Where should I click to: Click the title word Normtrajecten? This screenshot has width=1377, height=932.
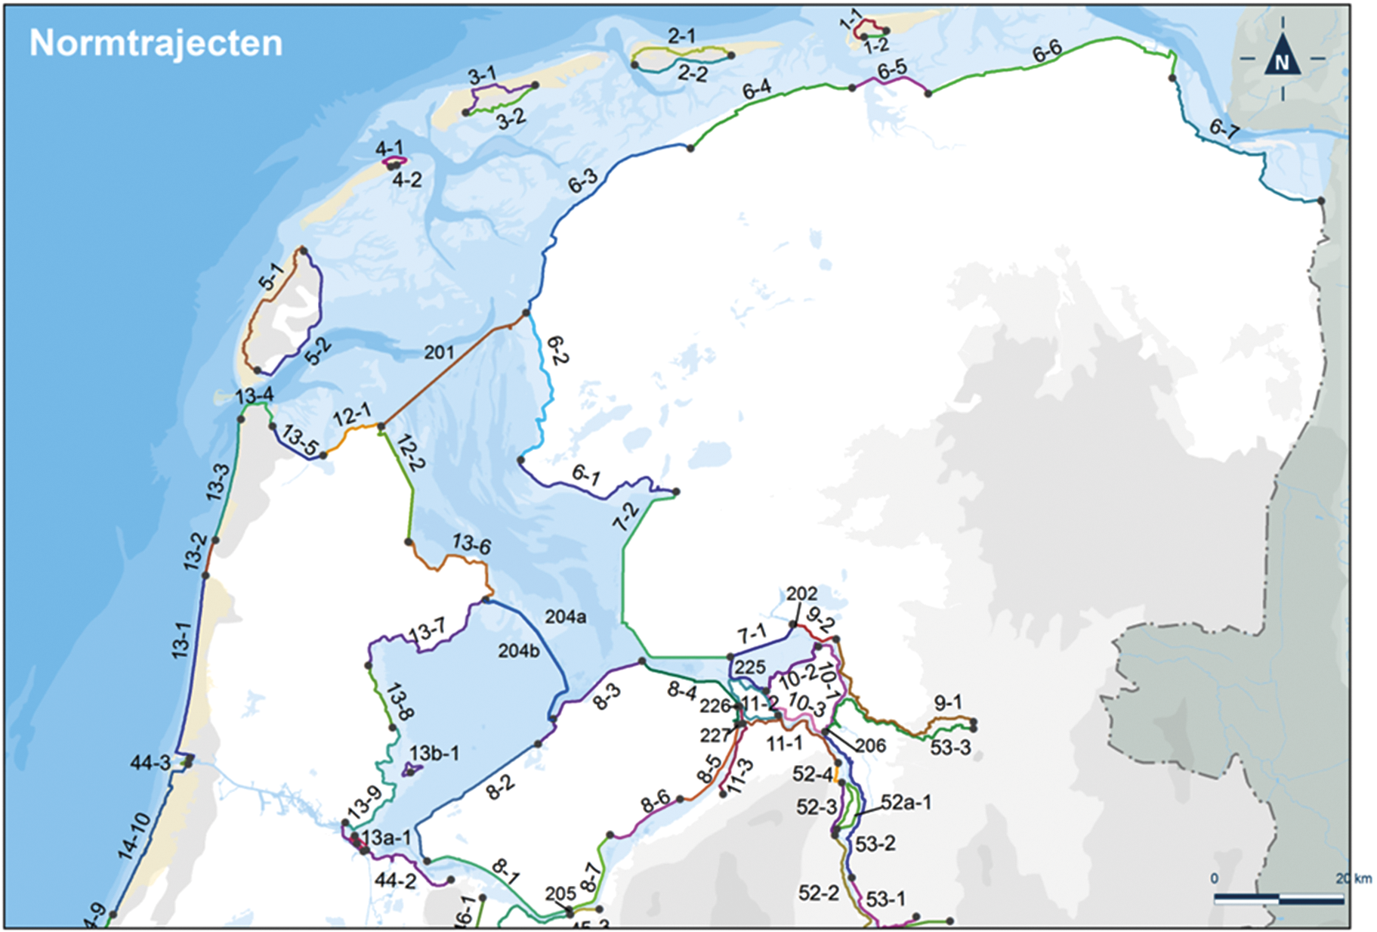coord(156,43)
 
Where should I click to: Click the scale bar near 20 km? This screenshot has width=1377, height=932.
coord(1278,899)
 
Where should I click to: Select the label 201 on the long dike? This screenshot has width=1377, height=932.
coord(439,352)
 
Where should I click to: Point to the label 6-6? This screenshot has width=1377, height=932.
coord(1047,52)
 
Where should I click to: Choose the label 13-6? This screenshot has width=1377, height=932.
coord(471,543)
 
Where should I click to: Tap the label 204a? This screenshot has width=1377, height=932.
coord(566,617)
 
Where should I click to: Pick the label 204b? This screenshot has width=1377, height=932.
coord(518,650)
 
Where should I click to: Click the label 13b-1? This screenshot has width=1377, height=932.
coord(434,754)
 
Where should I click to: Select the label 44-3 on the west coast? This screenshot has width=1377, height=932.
coord(150,763)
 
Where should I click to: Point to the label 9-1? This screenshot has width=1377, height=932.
coord(948,702)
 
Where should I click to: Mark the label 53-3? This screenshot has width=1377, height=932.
coord(950,748)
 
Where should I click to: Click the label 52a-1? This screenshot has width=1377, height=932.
coord(906,802)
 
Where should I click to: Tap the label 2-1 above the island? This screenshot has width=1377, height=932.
coord(681,36)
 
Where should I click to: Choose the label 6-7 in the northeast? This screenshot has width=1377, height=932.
coord(1224,129)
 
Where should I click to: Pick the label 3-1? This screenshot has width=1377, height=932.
coord(482,75)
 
